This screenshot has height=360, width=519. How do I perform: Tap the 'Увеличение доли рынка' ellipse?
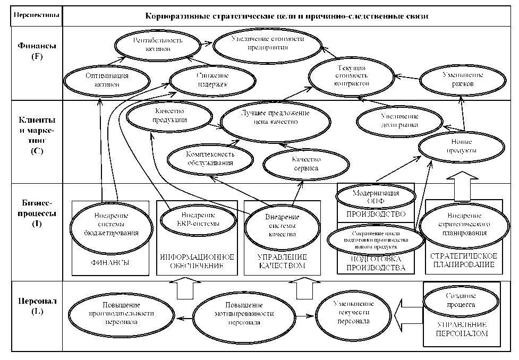398,122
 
